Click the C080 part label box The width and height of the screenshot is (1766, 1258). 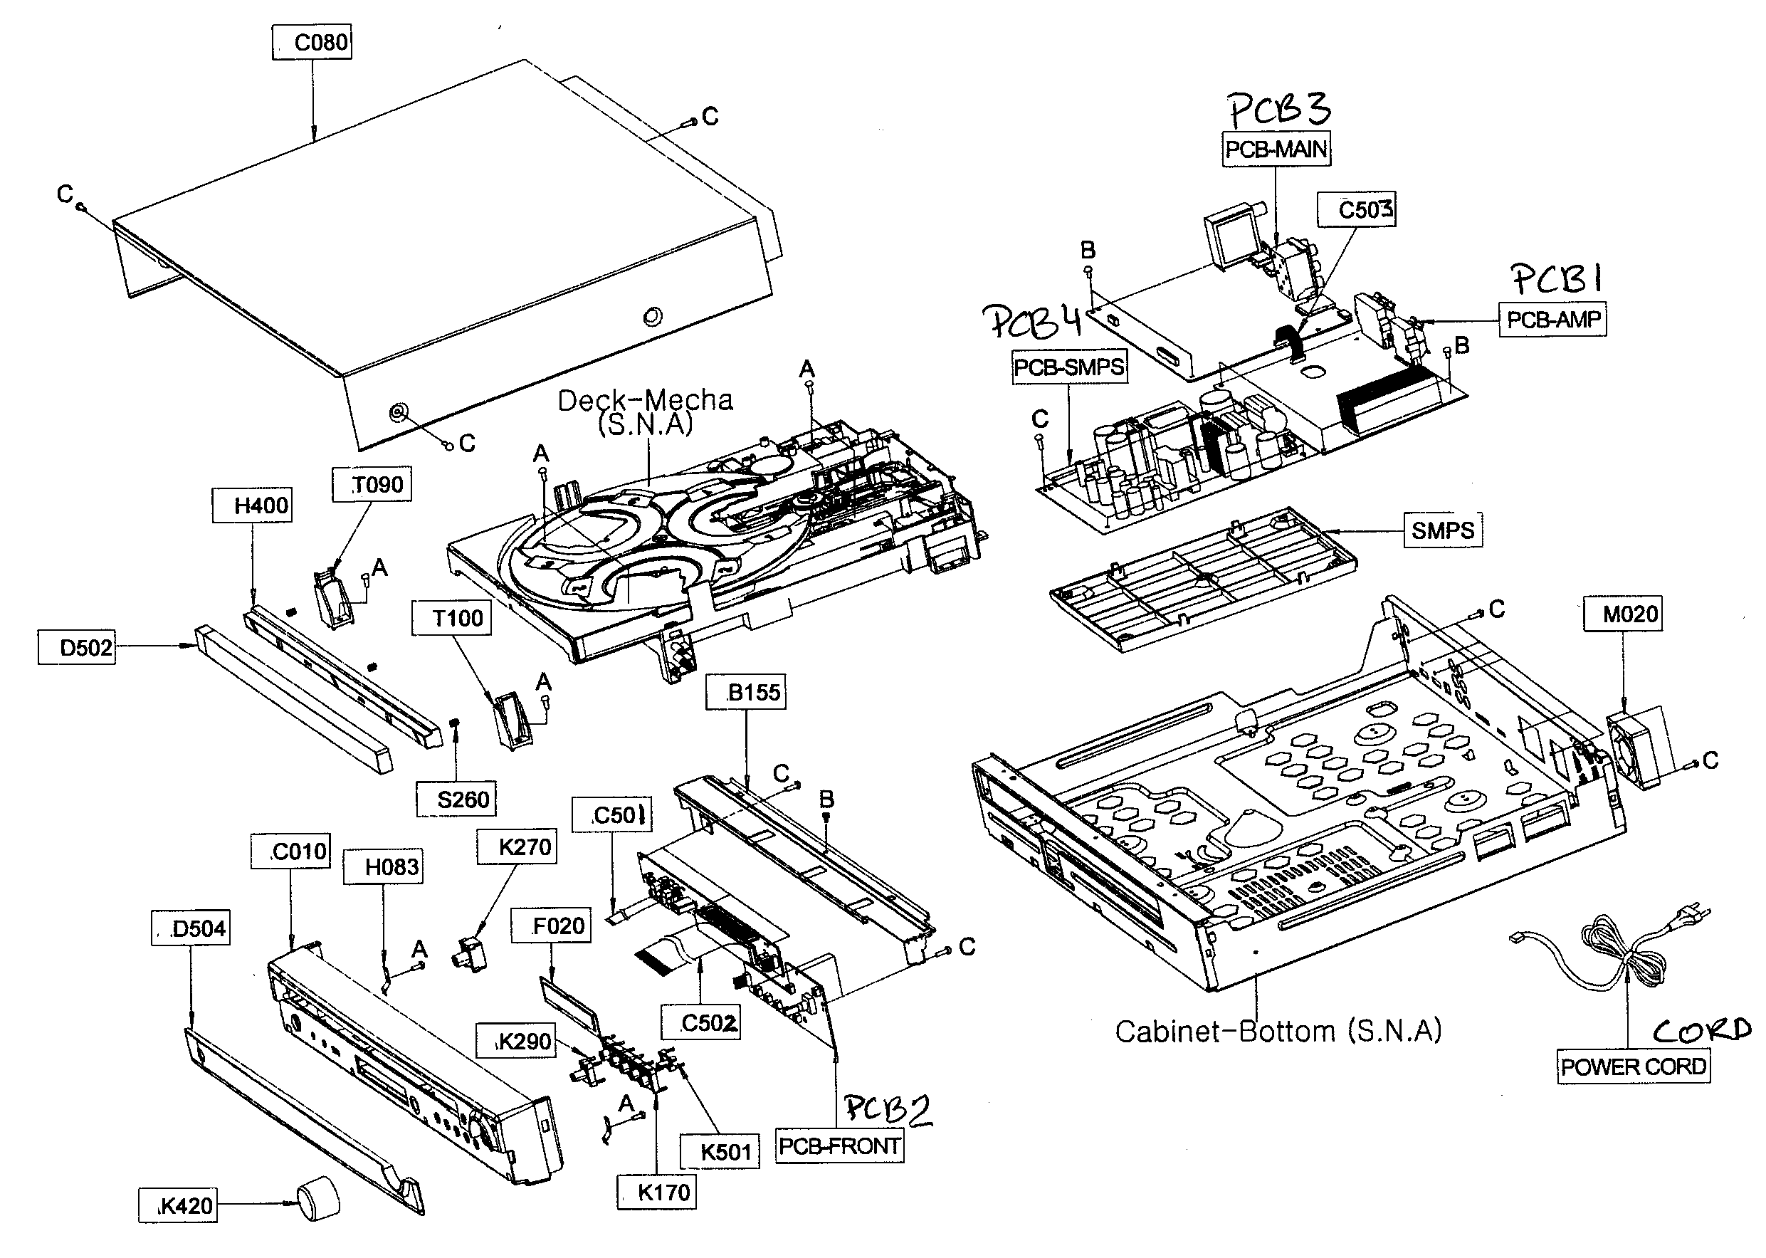point(312,41)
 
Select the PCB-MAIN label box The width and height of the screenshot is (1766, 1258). point(1276,149)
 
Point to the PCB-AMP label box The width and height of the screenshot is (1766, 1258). point(1553,319)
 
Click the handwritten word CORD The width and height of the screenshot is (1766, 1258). point(1703,1029)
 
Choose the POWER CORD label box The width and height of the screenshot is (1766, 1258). point(1633,1066)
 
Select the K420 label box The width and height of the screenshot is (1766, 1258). point(178,1206)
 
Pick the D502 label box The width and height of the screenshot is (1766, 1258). point(77,648)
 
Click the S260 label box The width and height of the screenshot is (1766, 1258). point(456,799)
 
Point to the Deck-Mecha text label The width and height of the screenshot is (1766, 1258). point(645,412)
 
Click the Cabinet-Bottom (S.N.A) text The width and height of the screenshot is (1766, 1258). point(1278,1031)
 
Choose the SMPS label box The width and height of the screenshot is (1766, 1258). point(1442,530)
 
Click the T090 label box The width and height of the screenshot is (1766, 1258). point(371,485)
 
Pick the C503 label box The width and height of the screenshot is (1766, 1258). point(1357,210)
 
